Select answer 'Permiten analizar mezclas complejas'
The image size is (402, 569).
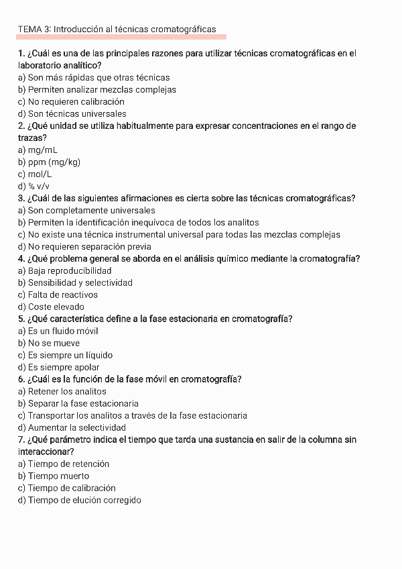(97, 90)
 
